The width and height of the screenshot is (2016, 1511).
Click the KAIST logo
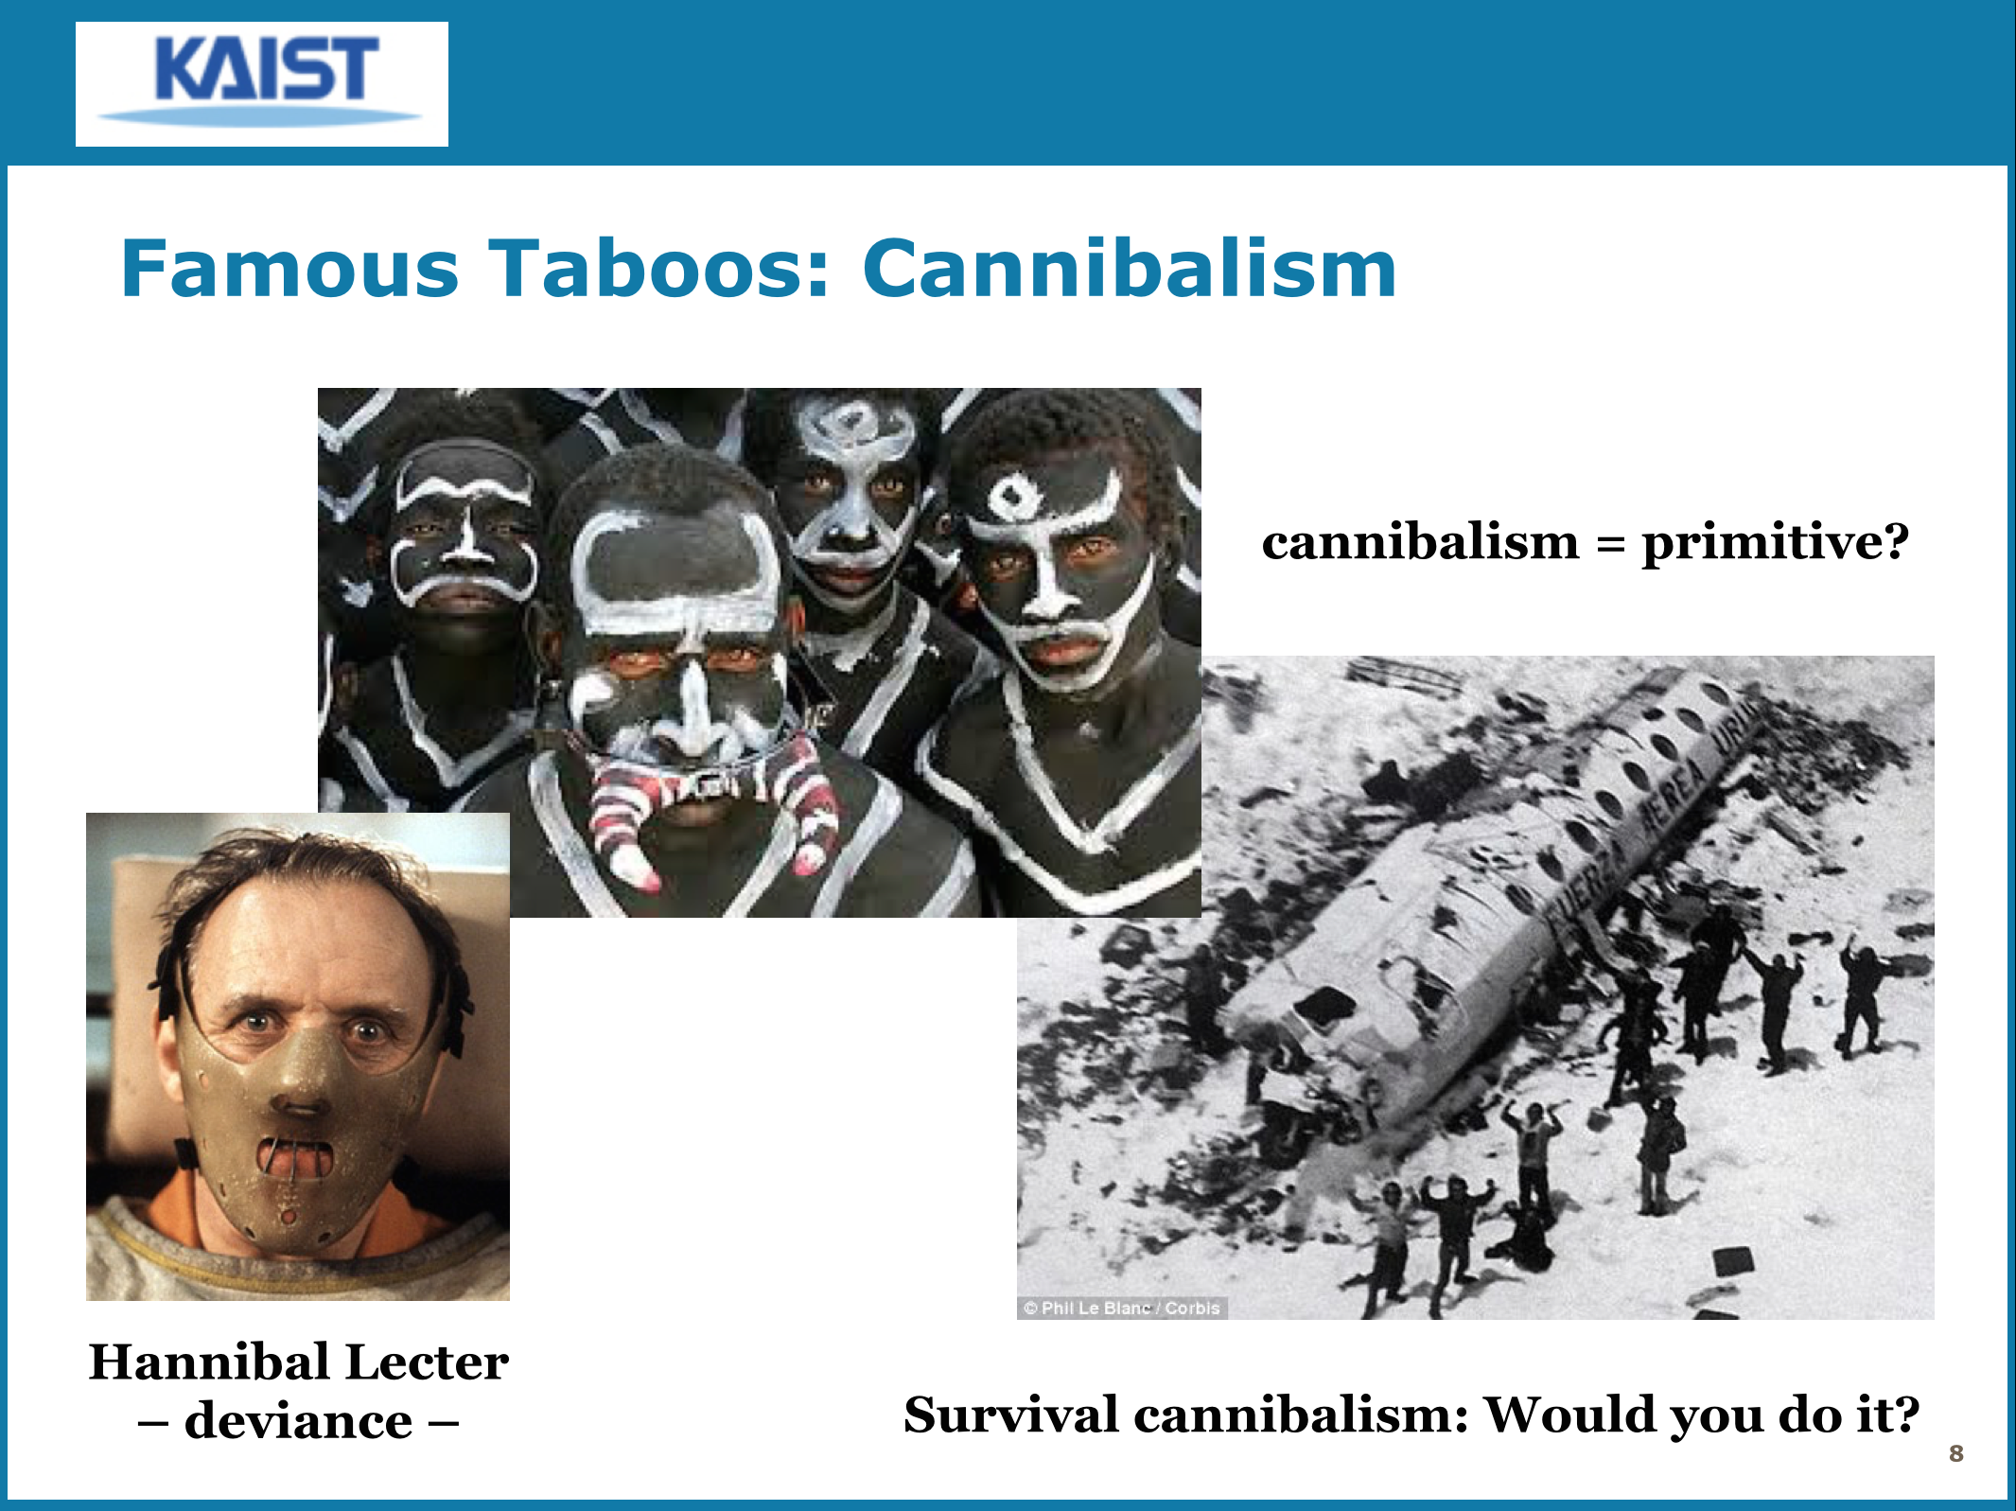tap(262, 83)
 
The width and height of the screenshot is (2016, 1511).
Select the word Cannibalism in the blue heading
tap(1130, 269)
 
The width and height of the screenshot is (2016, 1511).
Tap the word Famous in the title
tap(290, 269)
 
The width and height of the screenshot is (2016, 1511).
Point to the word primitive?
tap(1776, 544)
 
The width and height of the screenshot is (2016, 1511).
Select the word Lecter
tap(427, 1362)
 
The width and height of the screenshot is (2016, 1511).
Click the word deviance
tap(298, 1421)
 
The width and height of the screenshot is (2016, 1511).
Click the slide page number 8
tap(1956, 1453)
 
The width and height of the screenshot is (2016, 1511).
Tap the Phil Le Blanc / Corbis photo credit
tap(1122, 1308)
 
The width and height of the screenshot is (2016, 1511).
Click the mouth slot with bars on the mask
tap(297, 1159)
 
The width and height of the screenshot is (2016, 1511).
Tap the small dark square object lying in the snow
tap(1733, 1260)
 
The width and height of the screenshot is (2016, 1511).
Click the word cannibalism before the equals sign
tap(1420, 542)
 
